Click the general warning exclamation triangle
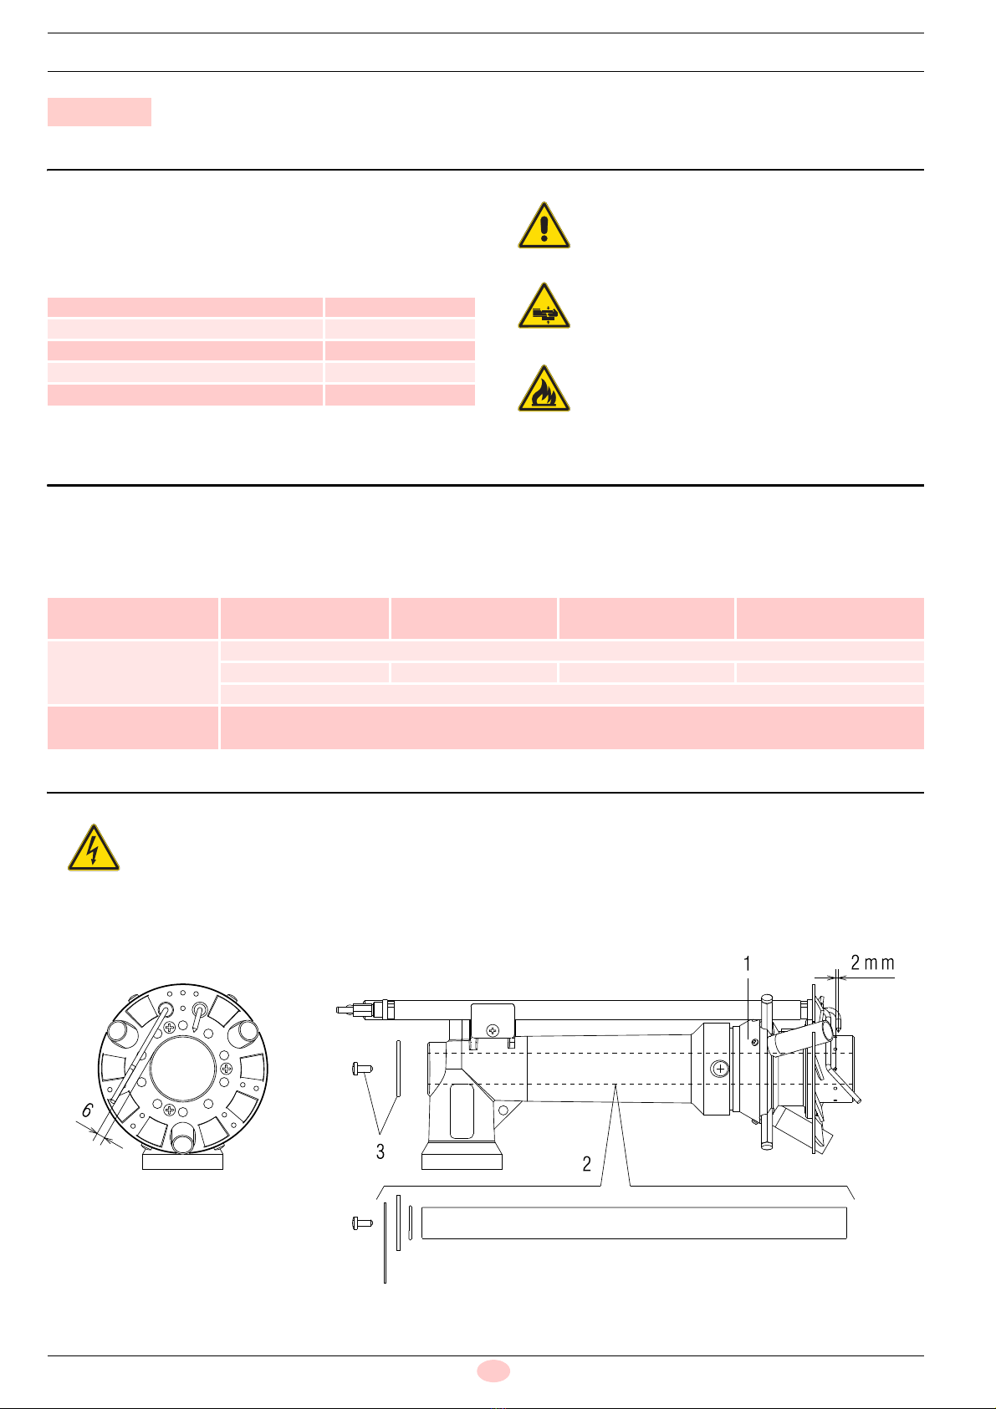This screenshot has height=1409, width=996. (x=544, y=226)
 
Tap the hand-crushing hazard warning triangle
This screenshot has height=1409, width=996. (x=544, y=306)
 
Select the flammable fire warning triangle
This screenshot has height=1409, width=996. (x=544, y=389)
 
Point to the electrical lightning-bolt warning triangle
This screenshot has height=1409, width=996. (x=93, y=848)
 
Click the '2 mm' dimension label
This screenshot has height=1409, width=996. (x=872, y=963)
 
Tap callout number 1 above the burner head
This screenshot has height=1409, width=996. (x=747, y=963)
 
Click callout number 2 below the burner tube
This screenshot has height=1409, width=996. (x=586, y=1164)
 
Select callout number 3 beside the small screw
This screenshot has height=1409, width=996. (x=380, y=1151)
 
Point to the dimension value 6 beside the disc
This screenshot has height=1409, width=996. (x=87, y=1110)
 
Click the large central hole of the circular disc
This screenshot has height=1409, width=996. (x=183, y=1069)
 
